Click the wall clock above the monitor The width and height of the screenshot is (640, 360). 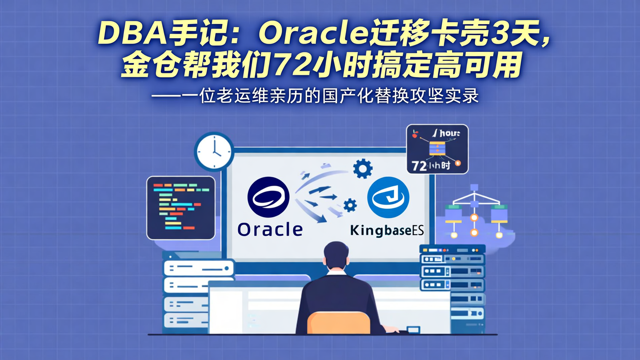tap(214, 152)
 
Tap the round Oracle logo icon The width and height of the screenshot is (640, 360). tap(268, 197)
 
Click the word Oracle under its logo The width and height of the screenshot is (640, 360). tap(270, 229)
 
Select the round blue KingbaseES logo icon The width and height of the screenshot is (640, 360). tap(388, 197)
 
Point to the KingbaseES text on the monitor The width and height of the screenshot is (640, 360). tap(387, 231)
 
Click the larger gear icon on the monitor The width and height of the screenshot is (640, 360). tap(363, 168)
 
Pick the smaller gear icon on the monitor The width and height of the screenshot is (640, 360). tap(350, 205)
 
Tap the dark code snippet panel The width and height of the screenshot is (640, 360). tap(181, 207)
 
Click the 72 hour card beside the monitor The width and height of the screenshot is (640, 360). tap(437, 149)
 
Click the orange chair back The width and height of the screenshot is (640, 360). tap(339, 323)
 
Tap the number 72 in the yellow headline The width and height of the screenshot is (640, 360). tap(290, 66)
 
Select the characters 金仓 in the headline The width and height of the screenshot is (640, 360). tap(146, 66)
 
